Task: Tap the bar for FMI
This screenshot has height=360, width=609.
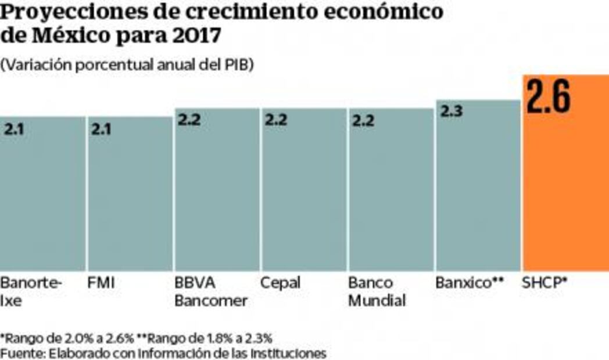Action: pos(130,197)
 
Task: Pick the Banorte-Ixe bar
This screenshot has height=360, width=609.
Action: pos(42,197)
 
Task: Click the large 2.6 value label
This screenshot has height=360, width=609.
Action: pos(548,97)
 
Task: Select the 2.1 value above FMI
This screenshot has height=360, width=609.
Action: pos(102,128)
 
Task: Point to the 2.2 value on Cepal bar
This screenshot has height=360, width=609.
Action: pos(276,120)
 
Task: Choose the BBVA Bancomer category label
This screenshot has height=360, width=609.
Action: pos(211,292)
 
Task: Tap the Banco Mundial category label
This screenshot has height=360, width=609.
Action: pos(377,292)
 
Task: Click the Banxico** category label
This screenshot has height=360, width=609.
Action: pos(469,283)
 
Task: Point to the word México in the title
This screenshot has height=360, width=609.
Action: pos(65,36)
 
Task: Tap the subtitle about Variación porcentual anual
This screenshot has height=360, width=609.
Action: pos(127,65)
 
